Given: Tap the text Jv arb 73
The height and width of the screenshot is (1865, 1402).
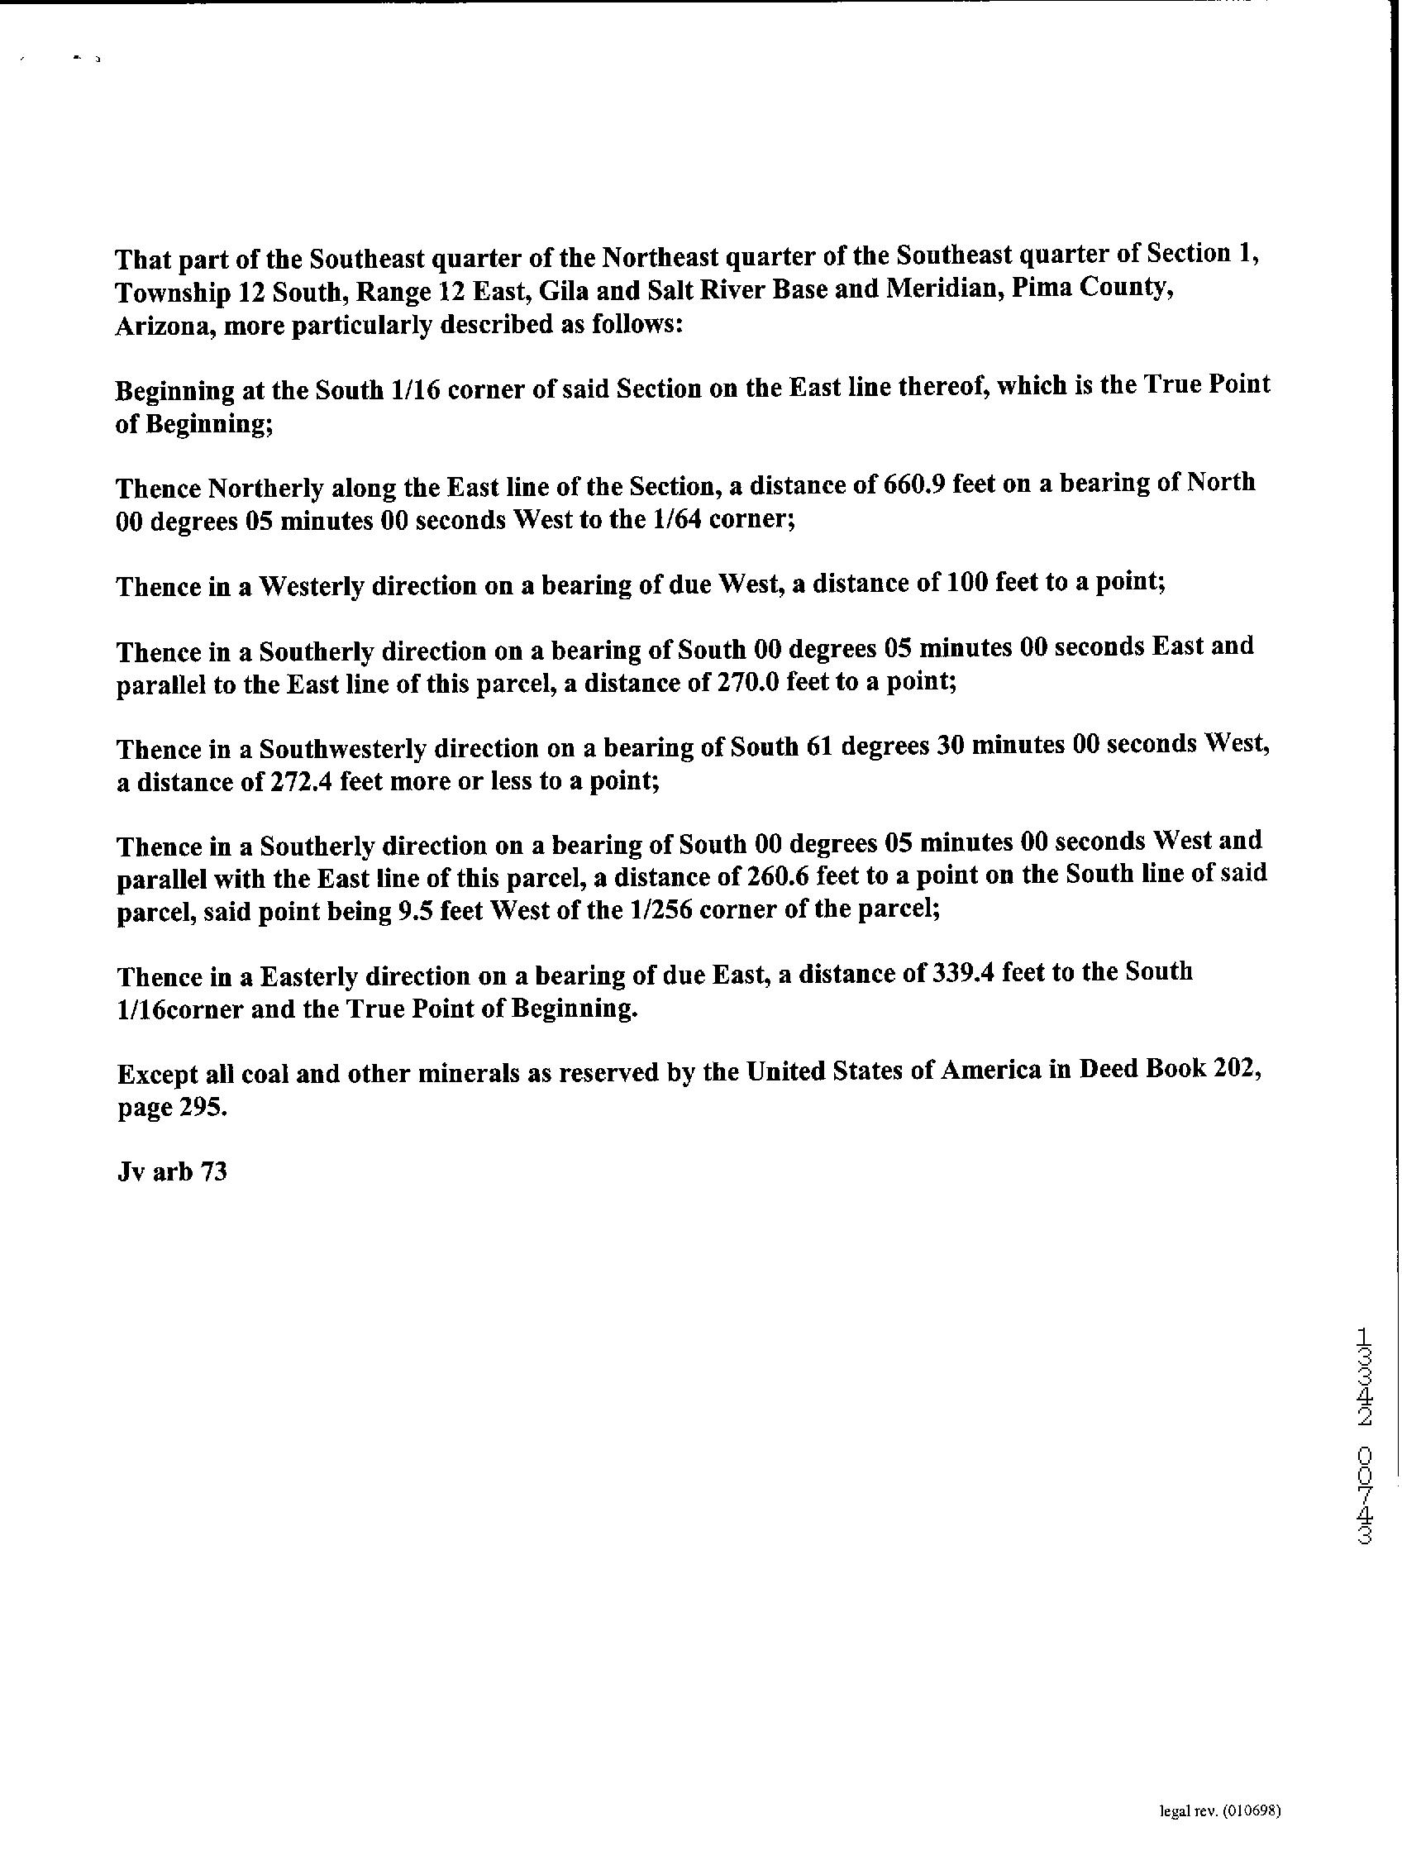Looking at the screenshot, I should click(172, 1173).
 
